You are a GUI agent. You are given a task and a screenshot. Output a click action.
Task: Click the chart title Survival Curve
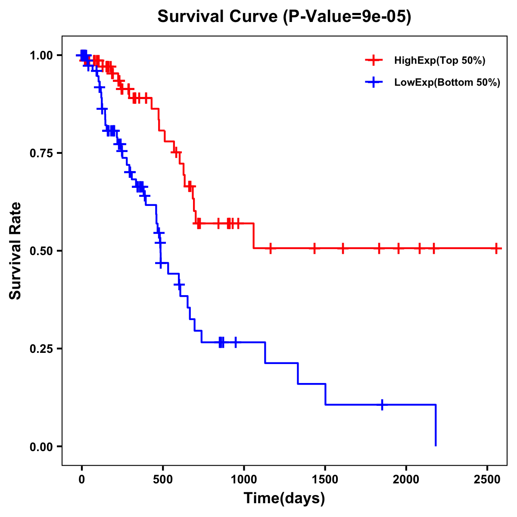click(284, 17)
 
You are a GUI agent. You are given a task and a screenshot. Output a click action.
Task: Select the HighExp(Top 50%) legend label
click(439, 61)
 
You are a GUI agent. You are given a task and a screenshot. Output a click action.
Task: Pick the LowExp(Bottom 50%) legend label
click(447, 83)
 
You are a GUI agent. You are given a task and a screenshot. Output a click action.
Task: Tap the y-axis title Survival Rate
click(16, 251)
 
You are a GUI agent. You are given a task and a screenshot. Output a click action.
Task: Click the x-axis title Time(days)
click(284, 498)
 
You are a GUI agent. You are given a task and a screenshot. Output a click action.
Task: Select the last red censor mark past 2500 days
click(496, 249)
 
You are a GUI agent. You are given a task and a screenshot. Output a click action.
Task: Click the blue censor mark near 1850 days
click(382, 405)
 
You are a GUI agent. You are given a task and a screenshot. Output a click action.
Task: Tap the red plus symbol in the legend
click(374, 61)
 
